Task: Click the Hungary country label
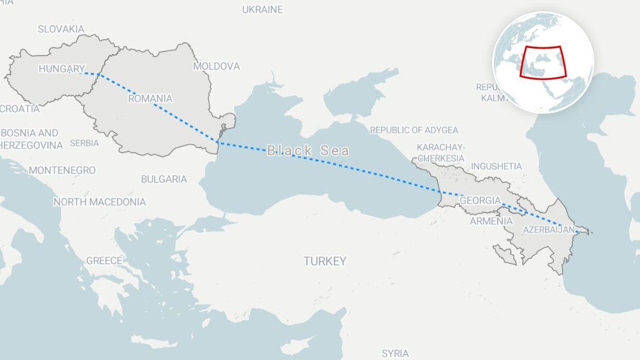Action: point(62,69)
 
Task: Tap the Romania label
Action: point(150,99)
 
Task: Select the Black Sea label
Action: point(308,150)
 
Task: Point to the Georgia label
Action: point(480,200)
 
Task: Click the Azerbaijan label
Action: point(548,230)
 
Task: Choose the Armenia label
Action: point(491,221)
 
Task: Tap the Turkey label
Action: point(325,261)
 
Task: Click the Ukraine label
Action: point(262,9)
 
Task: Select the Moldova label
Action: point(216,66)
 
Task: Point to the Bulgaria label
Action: point(164,179)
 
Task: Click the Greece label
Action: point(104,261)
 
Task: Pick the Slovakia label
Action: point(61,29)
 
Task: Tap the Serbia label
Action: point(84,143)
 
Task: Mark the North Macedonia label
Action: point(100,202)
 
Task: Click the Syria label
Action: point(395,353)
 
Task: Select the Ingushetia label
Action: point(496,166)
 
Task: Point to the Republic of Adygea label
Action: point(414,130)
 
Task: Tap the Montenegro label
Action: point(62,170)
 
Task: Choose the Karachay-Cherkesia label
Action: point(440,153)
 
